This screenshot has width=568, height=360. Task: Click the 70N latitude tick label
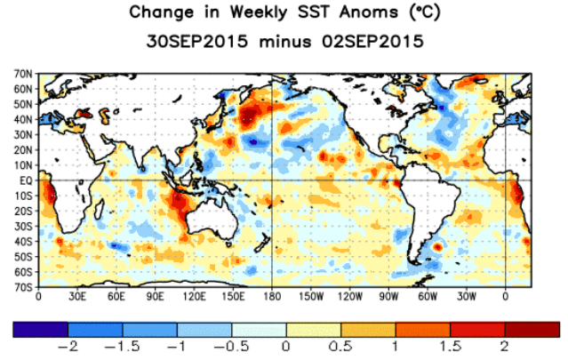tap(23, 75)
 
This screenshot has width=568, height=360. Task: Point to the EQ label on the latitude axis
tap(26, 180)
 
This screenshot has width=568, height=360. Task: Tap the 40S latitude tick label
tap(23, 241)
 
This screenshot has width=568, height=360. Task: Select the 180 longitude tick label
tap(272, 297)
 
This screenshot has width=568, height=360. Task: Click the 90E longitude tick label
tap(155, 297)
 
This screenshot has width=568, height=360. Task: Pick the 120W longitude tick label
tap(350, 297)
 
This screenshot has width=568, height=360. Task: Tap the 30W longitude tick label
tap(467, 297)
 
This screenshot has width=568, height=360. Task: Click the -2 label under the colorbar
tap(68, 347)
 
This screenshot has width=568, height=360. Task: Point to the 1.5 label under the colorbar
tap(451, 347)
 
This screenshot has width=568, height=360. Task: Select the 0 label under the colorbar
tap(286, 347)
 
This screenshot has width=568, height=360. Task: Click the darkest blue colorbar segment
tap(41, 330)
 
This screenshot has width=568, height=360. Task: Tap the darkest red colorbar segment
tap(532, 330)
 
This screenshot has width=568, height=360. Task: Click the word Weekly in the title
tap(258, 12)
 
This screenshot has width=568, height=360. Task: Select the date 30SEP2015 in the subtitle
tap(197, 41)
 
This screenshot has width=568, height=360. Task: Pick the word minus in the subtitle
tap(285, 42)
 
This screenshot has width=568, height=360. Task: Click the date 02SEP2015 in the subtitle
tap(372, 41)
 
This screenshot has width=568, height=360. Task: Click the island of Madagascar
tap(100, 210)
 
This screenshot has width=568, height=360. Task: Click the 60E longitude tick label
tap(116, 297)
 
